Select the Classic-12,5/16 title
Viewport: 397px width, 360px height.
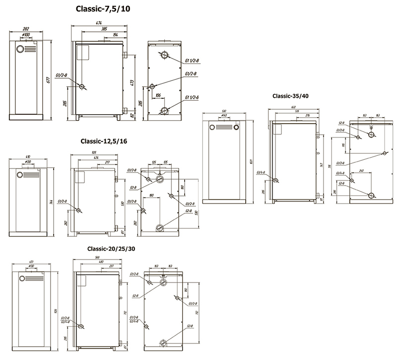(104, 142)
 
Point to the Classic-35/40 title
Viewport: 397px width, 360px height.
(290, 96)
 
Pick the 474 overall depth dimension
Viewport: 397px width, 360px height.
(99, 22)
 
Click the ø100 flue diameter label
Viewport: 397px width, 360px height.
(26, 35)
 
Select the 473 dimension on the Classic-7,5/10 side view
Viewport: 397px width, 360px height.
(132, 82)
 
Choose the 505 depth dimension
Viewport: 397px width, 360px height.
(94, 153)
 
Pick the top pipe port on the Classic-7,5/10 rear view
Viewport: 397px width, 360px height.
(164, 55)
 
